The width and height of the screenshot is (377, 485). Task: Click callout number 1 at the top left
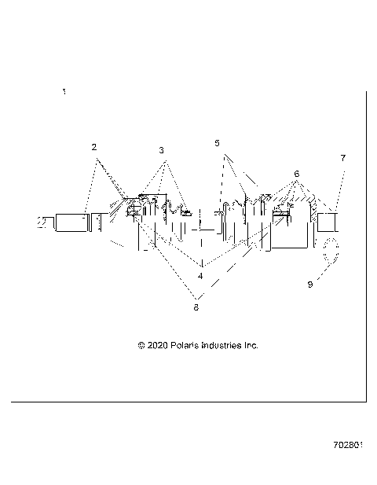(64, 92)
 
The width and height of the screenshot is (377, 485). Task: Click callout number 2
(94, 147)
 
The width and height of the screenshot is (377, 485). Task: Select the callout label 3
(161, 149)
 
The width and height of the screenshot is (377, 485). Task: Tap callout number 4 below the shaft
(201, 276)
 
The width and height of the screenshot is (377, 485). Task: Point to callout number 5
(218, 143)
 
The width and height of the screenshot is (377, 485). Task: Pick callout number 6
(296, 173)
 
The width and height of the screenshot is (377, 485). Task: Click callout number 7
(342, 158)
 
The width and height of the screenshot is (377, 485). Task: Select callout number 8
(196, 307)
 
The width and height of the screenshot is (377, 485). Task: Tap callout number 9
(309, 285)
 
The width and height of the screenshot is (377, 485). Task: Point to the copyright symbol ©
(141, 345)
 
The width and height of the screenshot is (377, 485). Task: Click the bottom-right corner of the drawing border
(367, 401)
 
